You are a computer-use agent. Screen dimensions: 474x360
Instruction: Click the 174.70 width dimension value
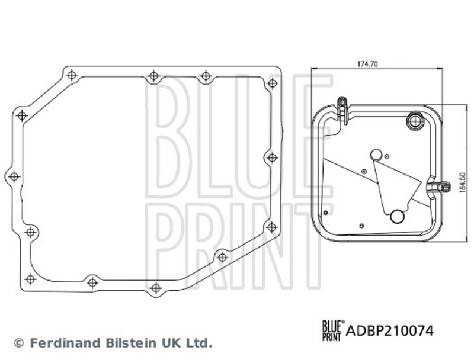(x=367, y=64)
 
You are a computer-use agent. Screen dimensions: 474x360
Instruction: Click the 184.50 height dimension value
(x=462, y=182)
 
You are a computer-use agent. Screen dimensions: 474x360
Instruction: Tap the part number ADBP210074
(x=390, y=331)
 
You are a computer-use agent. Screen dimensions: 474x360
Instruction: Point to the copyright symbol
(x=19, y=343)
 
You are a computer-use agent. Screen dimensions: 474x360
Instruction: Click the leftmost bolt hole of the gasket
(x=14, y=176)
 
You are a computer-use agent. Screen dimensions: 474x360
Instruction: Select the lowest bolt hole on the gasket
(x=156, y=288)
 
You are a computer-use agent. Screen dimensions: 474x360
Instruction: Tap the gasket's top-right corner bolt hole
(x=273, y=83)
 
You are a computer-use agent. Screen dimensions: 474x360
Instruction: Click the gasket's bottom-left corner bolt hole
(x=30, y=279)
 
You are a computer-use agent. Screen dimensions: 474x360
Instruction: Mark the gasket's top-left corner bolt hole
(x=72, y=75)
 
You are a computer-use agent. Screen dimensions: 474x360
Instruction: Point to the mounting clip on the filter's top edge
(x=342, y=110)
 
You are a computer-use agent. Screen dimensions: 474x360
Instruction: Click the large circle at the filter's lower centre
(x=397, y=217)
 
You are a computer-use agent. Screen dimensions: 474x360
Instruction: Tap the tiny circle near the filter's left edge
(x=325, y=213)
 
